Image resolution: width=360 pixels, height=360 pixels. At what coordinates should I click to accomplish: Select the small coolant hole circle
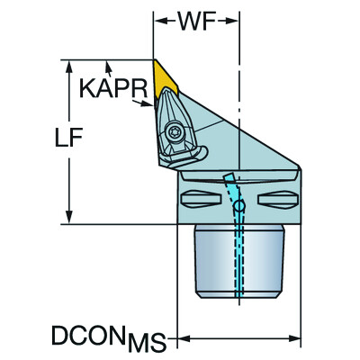pyautogui.click(x=238, y=208)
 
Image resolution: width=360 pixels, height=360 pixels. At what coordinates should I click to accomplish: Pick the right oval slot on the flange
pyautogui.click(x=277, y=197)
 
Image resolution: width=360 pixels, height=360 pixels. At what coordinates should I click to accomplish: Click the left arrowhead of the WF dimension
pyautogui.click(x=158, y=19)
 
